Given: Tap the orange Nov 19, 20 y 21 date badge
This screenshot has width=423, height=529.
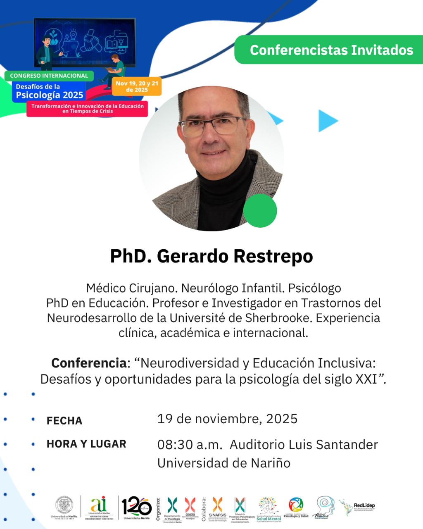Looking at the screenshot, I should click(137, 86).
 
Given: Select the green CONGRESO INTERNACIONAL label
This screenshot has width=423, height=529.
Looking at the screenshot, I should click(49, 76).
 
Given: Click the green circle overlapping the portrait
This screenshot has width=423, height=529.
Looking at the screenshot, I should click(260, 210).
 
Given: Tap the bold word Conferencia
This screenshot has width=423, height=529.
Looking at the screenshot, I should click(88, 363).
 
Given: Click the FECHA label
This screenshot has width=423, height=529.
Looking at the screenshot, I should click(64, 421).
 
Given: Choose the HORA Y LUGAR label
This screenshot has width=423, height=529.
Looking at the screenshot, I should click(86, 444).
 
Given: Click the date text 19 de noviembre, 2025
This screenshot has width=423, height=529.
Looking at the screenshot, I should click(227, 419).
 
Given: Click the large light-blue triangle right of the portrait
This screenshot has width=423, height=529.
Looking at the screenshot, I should click(328, 121).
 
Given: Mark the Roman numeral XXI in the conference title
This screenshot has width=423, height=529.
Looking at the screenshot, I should click(366, 379).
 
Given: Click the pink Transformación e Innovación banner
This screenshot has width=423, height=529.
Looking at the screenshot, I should click(87, 108).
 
